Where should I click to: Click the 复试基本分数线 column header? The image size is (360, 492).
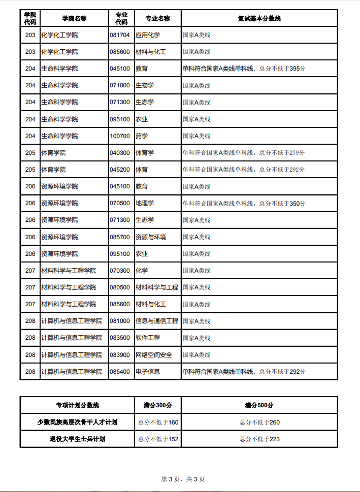259,18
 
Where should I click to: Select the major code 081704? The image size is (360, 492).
120,35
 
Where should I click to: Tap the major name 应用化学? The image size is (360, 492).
148,35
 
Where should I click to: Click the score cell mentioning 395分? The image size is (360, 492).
244,69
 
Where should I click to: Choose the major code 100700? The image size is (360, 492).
120,136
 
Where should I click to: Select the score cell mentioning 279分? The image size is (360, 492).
244,153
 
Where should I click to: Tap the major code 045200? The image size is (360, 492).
120,170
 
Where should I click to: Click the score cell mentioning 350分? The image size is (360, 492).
244,203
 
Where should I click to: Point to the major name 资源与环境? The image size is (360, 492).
151,237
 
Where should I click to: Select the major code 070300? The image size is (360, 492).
120,271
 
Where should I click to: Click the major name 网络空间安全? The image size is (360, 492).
154,355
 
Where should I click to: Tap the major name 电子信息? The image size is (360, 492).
148,372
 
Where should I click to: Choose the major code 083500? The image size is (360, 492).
120,338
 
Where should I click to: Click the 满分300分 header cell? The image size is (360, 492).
158,405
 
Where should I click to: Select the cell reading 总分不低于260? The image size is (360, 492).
259,422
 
